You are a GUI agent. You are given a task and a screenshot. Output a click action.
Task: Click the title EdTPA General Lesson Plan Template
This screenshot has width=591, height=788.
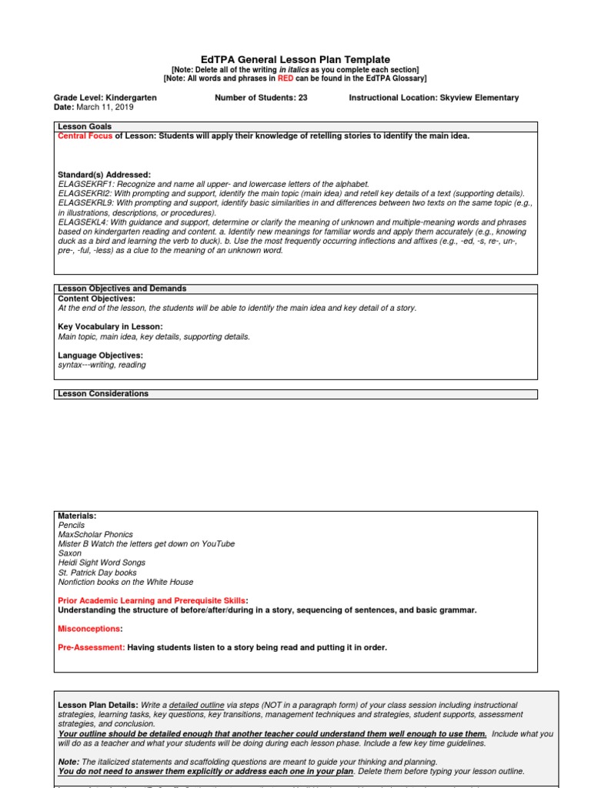pyautogui.click(x=295, y=59)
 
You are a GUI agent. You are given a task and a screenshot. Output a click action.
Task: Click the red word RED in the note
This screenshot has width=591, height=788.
pyautogui.click(x=286, y=78)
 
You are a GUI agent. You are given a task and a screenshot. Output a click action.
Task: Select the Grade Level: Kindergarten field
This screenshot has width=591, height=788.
pyautogui.click(x=105, y=98)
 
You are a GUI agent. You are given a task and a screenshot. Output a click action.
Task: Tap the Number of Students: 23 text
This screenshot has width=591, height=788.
pyautogui.click(x=260, y=98)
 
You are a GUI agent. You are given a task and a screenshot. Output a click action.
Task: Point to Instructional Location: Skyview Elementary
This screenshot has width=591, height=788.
pyautogui.click(x=433, y=98)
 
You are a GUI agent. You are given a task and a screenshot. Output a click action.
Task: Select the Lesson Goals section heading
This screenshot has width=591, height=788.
pyautogui.click(x=85, y=126)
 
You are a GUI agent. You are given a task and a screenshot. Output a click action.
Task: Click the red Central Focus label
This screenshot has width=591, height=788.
pyautogui.click(x=85, y=136)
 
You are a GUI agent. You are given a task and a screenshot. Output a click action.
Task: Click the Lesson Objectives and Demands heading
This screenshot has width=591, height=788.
pyautogui.click(x=122, y=289)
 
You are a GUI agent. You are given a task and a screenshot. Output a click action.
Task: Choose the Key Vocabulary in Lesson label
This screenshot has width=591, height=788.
pyautogui.click(x=110, y=327)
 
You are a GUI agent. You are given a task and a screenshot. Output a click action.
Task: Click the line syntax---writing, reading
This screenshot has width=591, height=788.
pyautogui.click(x=102, y=365)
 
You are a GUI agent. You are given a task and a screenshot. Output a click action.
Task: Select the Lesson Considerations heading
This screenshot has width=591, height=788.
pyautogui.click(x=103, y=393)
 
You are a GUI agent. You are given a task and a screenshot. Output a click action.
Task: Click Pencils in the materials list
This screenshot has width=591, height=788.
pyautogui.click(x=72, y=525)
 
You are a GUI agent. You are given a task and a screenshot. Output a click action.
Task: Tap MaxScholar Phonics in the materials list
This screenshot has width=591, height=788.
pyautogui.click(x=95, y=534)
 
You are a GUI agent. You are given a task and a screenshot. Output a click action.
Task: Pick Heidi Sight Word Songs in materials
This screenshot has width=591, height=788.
pyautogui.click(x=102, y=563)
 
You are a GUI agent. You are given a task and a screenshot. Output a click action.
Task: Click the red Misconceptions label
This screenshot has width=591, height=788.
pyautogui.click(x=90, y=629)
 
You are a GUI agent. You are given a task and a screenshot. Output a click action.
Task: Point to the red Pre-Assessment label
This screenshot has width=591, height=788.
pyautogui.click(x=91, y=647)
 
